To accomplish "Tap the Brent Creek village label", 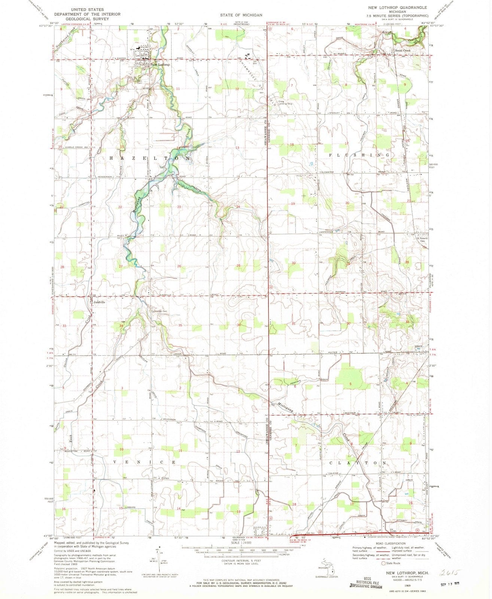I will tap(401, 51).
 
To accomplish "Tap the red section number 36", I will tap(239, 325).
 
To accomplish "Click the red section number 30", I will tap(294, 263).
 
